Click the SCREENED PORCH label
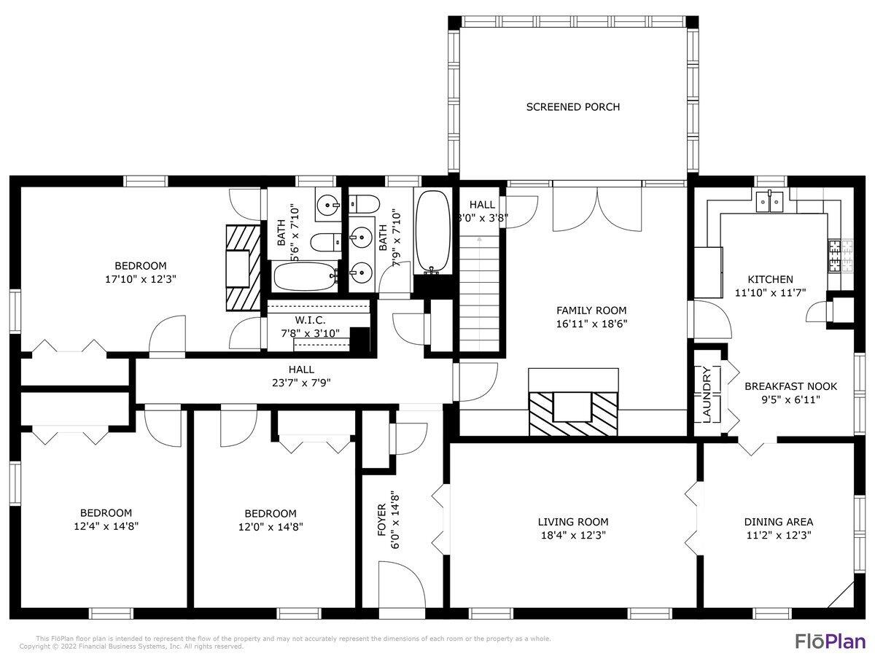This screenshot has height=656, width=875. [573, 107]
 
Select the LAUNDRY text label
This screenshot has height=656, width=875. [707, 394]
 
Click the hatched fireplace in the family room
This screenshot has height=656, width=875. [573, 413]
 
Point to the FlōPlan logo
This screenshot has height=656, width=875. [829, 641]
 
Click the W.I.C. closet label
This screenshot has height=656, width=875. [311, 321]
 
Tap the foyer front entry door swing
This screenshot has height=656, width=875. [401, 583]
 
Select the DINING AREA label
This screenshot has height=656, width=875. [778, 522]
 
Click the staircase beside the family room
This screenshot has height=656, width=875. [479, 292]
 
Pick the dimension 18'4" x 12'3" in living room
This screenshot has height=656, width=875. [573, 535]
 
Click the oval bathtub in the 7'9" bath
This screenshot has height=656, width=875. [433, 231]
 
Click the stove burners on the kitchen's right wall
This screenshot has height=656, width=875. [833, 255]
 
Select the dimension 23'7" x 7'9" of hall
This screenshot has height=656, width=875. [302, 382]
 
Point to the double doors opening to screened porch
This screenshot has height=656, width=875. [598, 208]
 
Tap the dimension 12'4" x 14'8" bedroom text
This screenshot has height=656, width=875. [106, 526]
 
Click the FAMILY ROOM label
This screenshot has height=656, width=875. [591, 311]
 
